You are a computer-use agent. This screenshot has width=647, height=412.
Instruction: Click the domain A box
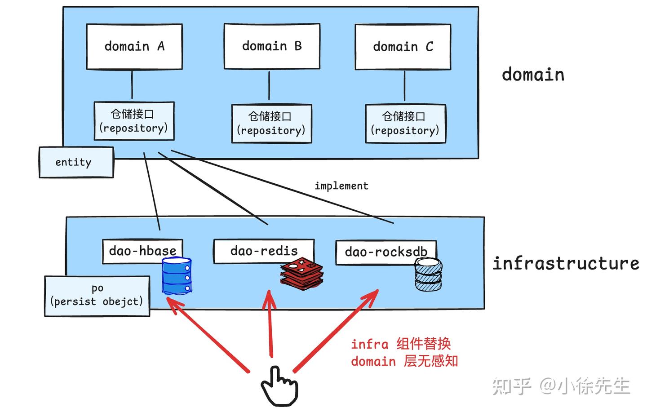134,47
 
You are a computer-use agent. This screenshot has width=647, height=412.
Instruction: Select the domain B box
272,46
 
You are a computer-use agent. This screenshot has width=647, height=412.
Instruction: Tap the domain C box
403,47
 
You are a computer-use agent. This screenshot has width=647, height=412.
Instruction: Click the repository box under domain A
134,121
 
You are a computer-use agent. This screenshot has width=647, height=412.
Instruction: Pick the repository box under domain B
271,124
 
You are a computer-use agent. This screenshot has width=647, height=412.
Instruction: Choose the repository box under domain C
405,124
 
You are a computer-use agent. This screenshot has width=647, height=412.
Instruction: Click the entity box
76,162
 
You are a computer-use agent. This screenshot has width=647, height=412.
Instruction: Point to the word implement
341,186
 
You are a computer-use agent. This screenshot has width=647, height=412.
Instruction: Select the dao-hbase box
142,250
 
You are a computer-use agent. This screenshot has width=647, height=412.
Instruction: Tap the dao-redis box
264,251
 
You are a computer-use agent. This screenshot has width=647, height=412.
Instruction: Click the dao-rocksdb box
386,252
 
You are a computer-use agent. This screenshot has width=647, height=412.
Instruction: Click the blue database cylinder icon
177,276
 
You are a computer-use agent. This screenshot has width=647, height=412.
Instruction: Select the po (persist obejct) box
97,296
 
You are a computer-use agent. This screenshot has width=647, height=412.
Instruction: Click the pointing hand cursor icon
279,385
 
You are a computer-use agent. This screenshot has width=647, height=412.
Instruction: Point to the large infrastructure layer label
565,263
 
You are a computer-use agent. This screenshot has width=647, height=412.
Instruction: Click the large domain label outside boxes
533,75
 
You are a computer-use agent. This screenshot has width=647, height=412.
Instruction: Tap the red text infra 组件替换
400,344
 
